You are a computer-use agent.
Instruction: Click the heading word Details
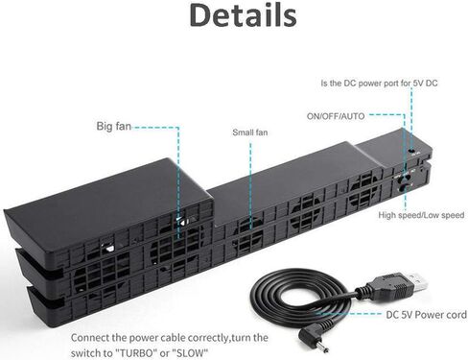(x=243, y=15)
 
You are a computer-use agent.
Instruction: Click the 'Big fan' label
(x=114, y=126)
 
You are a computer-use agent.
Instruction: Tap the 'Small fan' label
(x=250, y=132)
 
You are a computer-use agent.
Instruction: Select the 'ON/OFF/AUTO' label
(x=336, y=116)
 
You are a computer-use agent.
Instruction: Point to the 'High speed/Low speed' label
(x=421, y=215)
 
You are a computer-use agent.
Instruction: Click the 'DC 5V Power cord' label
(x=426, y=315)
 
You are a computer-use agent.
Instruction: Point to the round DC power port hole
(x=412, y=150)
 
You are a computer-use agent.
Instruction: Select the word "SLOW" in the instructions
(x=190, y=353)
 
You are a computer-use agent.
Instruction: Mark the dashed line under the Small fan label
(x=250, y=186)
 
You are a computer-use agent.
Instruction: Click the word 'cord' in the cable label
(x=456, y=315)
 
